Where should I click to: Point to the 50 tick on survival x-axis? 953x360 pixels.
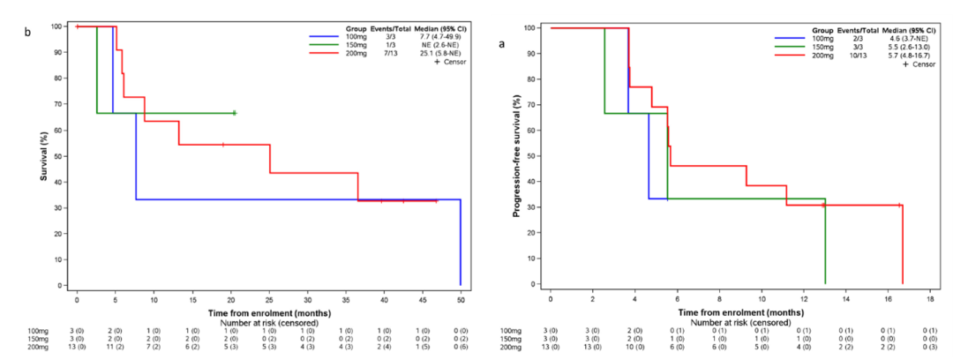(x=461, y=297)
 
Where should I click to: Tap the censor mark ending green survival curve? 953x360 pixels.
(x=234, y=113)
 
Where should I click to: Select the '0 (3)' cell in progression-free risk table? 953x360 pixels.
(x=930, y=348)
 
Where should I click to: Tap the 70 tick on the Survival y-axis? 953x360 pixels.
(x=59, y=104)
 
